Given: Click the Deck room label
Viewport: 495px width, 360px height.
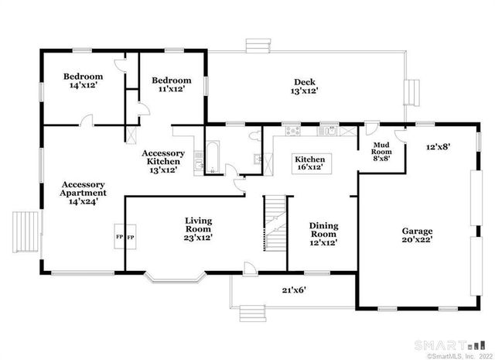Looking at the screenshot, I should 305,86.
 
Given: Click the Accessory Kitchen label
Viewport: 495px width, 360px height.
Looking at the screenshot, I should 163,161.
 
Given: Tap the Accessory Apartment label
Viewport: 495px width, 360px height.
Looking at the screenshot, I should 83,191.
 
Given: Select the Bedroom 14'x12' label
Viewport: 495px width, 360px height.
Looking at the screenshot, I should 83,81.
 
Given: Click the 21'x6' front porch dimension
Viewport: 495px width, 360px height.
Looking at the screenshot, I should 295,290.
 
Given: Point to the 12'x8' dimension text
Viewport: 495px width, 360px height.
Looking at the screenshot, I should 438,146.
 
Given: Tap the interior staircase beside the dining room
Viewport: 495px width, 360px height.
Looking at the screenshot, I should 275,223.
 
